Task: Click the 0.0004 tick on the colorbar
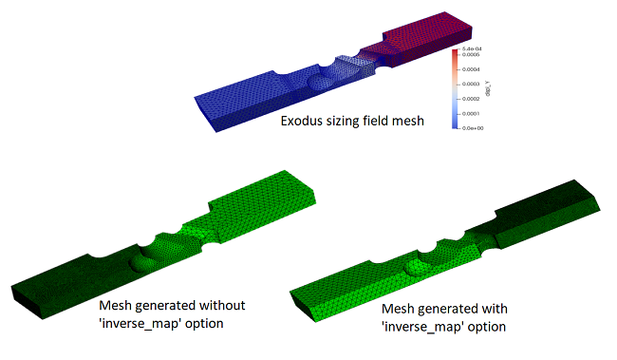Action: coord(470,69)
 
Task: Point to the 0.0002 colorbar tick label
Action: coord(470,98)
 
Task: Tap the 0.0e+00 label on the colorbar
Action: coord(471,125)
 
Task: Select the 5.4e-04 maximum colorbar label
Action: coord(472,48)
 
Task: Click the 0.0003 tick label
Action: coord(470,84)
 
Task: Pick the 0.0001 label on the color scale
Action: coord(470,112)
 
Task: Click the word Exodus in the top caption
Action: coord(301,122)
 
